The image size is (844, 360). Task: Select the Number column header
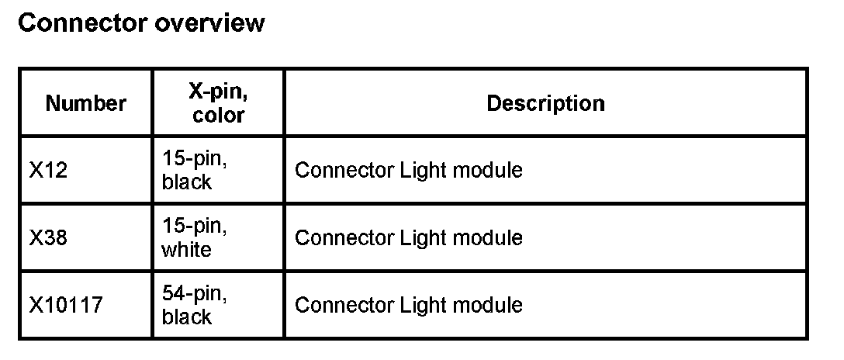(x=86, y=103)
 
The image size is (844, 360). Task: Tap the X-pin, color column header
(x=219, y=103)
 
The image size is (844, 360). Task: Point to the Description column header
(x=545, y=103)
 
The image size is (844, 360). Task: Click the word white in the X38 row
(x=186, y=250)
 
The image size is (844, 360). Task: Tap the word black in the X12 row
(x=186, y=182)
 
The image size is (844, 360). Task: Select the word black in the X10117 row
(x=186, y=317)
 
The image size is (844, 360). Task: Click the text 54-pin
(x=195, y=294)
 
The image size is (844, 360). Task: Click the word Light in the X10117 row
(x=420, y=305)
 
